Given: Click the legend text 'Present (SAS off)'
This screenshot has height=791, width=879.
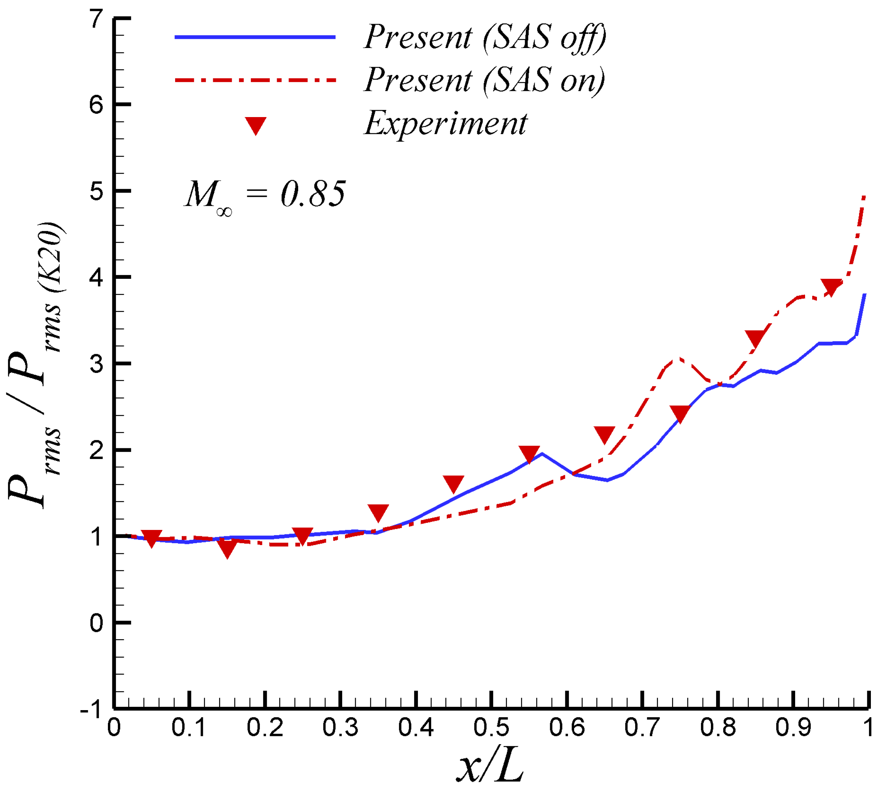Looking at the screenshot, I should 484,38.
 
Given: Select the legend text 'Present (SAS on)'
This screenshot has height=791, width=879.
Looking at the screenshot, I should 484,81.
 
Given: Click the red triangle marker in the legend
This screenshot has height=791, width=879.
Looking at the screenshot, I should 256,125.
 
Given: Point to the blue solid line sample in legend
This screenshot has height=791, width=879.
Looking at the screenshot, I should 255,37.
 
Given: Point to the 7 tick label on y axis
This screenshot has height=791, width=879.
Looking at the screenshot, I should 96,20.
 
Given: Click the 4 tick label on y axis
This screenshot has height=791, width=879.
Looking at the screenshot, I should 96,278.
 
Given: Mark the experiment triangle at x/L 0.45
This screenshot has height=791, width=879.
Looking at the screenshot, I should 453,483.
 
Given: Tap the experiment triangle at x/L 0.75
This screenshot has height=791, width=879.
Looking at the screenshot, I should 680,413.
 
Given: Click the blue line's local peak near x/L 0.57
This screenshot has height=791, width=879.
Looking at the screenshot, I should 542,454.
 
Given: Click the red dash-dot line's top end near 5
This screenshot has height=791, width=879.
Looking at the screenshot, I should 864,197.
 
